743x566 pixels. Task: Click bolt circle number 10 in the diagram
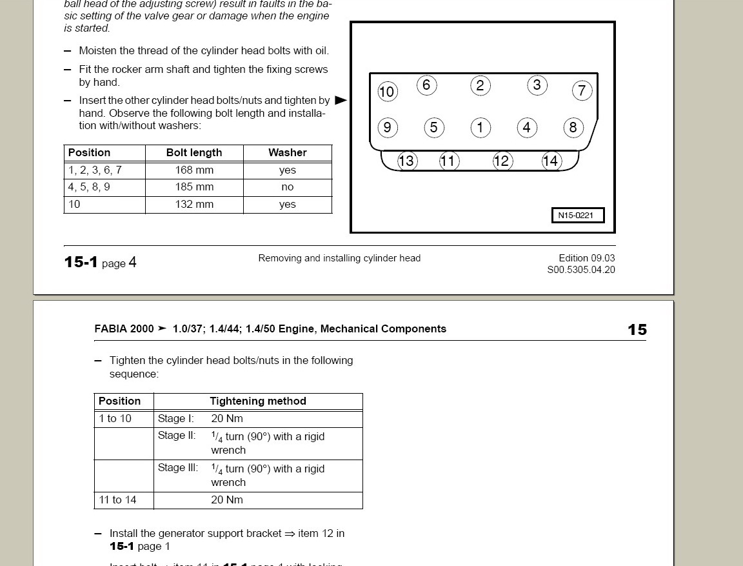pos(386,92)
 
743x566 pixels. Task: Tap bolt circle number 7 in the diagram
pos(582,90)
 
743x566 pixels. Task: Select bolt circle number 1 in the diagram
pos(480,127)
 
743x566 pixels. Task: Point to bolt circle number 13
pos(406,161)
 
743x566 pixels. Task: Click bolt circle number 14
pos(551,161)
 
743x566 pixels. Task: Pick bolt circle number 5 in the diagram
pos(433,128)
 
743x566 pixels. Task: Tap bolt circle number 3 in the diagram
pos(537,85)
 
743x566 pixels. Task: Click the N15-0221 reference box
pos(577,215)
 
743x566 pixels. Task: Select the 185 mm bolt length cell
pos(194,187)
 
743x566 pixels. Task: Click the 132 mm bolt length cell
pos(194,204)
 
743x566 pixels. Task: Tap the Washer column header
pos(287,152)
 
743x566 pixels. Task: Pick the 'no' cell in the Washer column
pos(287,187)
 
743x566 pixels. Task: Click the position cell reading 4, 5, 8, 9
pos(89,187)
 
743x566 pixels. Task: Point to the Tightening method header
pos(258,401)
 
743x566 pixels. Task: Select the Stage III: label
pos(178,468)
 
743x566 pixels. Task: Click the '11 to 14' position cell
pos(117,500)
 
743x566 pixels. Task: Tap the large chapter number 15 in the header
pos(637,330)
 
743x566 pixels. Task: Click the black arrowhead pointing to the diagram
pos(341,100)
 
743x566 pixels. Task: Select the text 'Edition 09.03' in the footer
pos(586,258)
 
